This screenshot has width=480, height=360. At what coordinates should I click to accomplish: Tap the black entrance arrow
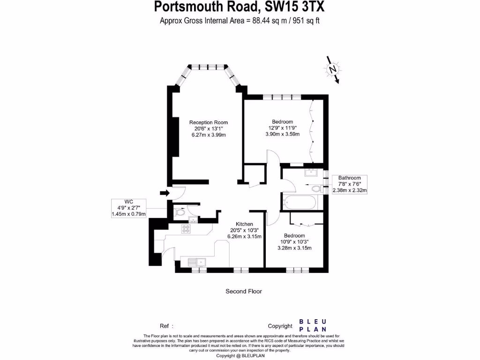(164, 192)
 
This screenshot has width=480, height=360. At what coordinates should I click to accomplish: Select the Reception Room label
(209, 123)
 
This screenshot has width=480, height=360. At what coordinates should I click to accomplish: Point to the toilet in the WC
(180, 213)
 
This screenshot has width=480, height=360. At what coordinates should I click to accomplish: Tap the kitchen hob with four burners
(186, 229)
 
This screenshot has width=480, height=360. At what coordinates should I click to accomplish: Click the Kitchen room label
(244, 225)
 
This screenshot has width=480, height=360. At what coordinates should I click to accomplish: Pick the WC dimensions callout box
(128, 207)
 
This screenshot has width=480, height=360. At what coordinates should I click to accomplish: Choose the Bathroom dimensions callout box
(350, 184)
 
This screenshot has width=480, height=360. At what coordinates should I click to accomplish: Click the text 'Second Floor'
(244, 291)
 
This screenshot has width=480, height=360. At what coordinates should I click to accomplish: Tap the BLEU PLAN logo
(313, 325)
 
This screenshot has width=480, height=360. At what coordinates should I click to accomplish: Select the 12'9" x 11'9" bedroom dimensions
(283, 128)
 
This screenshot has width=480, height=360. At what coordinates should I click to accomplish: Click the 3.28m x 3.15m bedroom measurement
(294, 248)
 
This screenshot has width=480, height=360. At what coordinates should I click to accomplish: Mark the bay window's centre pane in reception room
(209, 66)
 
